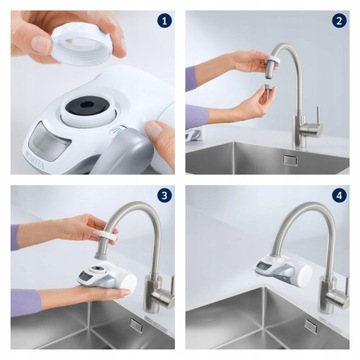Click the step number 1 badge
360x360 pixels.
(x=164, y=19)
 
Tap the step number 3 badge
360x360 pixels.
(x=164, y=196)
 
